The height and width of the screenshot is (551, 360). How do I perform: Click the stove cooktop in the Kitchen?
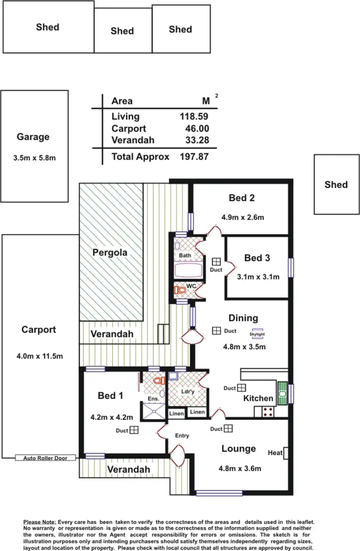click(x=267, y=411)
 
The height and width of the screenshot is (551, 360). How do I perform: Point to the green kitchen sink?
click(x=282, y=393)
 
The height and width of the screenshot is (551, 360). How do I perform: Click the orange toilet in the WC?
click(x=180, y=291)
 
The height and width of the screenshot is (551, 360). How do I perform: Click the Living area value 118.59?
click(x=193, y=116)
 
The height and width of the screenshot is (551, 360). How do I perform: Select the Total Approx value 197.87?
click(x=193, y=157)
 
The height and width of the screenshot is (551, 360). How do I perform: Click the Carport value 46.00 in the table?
click(x=197, y=129)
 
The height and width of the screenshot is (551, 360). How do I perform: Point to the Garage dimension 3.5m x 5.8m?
click(x=33, y=158)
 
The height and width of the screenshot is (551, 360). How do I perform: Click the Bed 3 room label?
click(x=257, y=258)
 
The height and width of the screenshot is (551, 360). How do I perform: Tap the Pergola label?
click(x=110, y=252)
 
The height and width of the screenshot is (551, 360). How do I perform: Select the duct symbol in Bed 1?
click(x=134, y=430)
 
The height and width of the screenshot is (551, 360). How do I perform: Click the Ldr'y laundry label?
click(x=188, y=392)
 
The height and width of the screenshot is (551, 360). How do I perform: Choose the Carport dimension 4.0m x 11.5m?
click(x=39, y=356)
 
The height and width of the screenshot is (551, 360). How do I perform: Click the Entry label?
click(x=182, y=436)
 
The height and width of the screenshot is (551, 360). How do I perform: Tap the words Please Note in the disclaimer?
click(x=40, y=522)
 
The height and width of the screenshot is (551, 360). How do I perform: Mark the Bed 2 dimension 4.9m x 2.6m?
click(x=242, y=217)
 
